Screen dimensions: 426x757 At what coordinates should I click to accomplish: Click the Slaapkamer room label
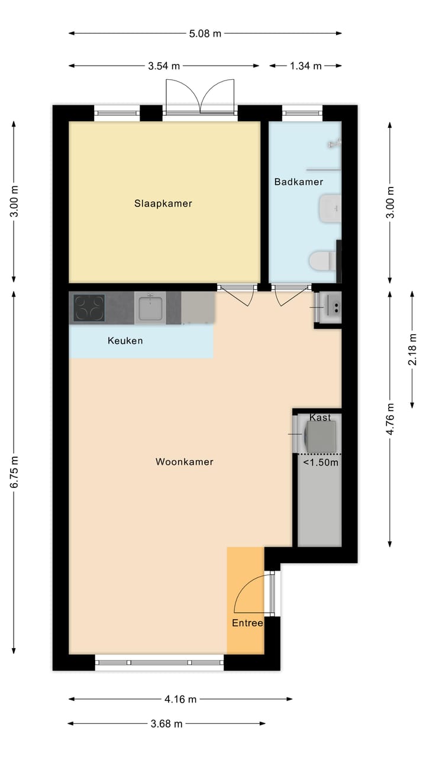click(163, 203)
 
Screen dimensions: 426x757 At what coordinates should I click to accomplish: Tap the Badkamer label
click(299, 182)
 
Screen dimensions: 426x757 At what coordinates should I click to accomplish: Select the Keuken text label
click(125, 341)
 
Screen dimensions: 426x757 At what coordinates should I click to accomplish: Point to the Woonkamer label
click(184, 462)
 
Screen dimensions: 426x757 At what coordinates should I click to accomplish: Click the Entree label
click(247, 623)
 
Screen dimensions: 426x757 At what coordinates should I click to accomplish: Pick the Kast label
click(320, 418)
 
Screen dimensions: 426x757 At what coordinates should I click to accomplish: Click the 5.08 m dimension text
click(205, 34)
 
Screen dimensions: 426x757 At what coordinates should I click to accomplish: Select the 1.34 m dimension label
click(306, 66)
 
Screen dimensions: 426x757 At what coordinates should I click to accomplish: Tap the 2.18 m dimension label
click(412, 350)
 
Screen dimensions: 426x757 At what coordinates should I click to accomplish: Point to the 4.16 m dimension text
click(180, 699)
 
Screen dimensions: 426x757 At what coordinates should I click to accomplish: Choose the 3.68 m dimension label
click(166, 723)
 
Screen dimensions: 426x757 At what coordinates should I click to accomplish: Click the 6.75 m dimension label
click(14, 472)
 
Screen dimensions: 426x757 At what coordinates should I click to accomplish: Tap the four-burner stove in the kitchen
click(89, 308)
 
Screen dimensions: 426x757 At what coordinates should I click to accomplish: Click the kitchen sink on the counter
click(150, 307)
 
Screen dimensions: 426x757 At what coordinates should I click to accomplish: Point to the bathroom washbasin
click(330, 208)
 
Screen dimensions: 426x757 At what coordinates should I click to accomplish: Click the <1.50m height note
click(321, 462)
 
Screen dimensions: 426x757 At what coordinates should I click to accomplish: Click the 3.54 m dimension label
click(164, 66)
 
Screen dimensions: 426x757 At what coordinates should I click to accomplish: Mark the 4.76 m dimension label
click(390, 419)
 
